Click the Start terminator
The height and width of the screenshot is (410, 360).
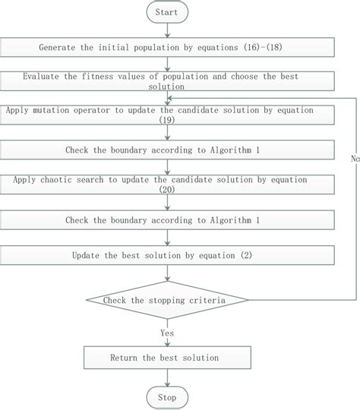pos(166,13)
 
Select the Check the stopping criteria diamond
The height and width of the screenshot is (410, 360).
pos(166,301)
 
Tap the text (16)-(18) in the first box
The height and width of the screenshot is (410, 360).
pos(270,48)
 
